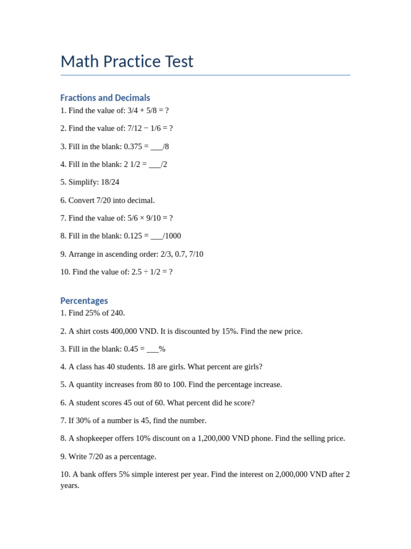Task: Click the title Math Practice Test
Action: click(127, 62)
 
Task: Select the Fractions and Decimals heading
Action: click(105, 98)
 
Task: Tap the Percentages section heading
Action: click(84, 301)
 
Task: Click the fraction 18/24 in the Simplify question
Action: click(110, 182)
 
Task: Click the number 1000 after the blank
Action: click(173, 236)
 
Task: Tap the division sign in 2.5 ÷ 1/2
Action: click(146, 272)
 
